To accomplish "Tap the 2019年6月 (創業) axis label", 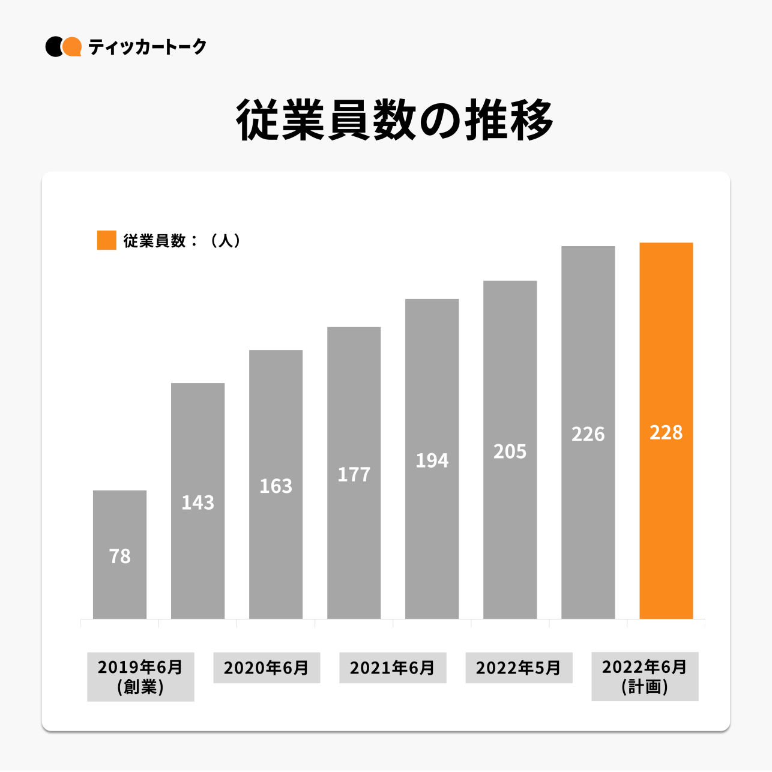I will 140,677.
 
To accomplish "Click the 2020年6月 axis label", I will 267,668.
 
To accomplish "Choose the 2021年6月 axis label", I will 393,668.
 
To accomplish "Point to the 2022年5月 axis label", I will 519,668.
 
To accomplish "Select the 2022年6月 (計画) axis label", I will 645,677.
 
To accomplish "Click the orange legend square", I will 106,240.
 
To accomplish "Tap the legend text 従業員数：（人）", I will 182,241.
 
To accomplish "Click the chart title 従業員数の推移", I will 394,121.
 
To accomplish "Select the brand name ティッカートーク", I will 147,47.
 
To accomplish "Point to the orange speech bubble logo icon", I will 73,47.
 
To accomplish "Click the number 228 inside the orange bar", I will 666,432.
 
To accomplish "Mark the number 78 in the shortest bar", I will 119,556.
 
